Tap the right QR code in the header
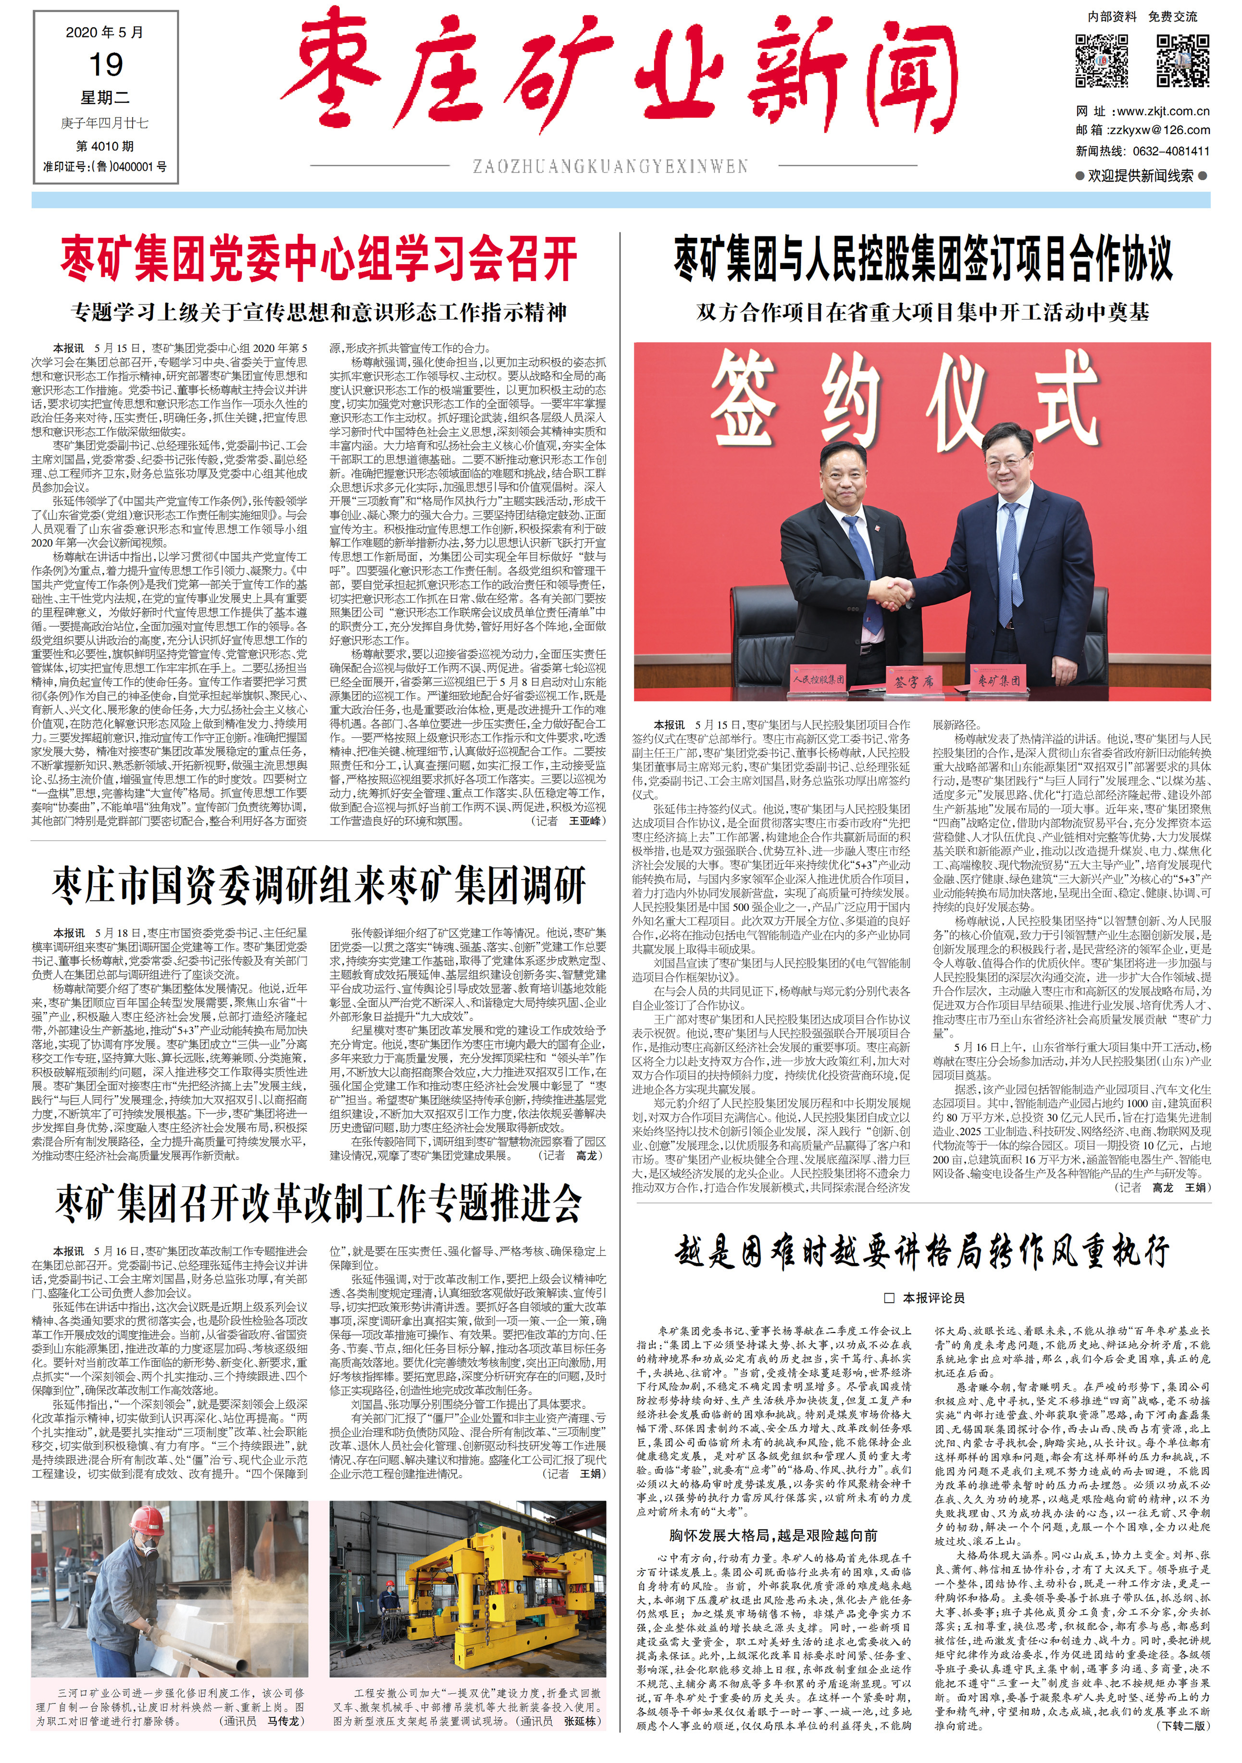1183,61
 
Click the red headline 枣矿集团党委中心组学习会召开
319,259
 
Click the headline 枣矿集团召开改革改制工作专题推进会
319,1203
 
